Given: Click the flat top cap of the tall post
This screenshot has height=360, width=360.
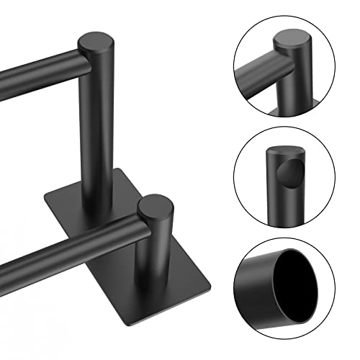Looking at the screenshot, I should [98, 42].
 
